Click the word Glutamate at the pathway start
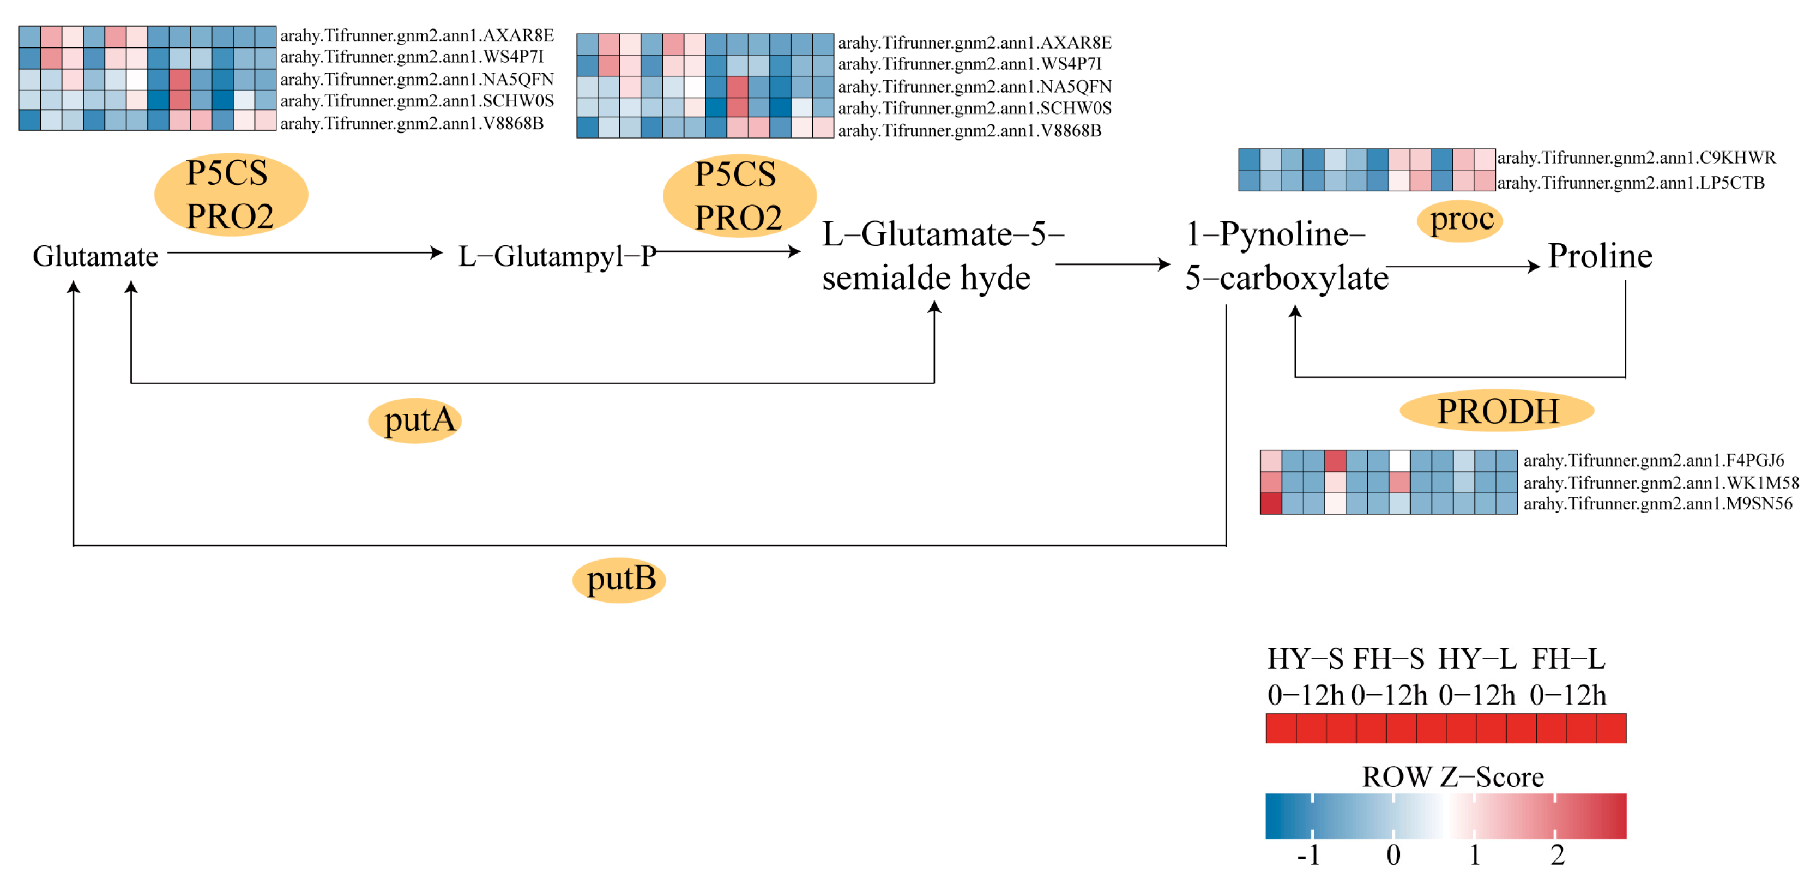click(x=95, y=256)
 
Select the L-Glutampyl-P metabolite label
click(x=557, y=256)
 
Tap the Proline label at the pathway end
click(x=1600, y=255)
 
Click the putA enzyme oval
click(x=415, y=420)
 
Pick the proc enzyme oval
click(x=1460, y=219)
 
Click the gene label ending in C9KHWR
click(x=1636, y=157)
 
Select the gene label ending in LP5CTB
click(x=1630, y=183)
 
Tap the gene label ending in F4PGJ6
click(x=1653, y=460)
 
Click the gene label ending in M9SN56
click(x=1657, y=503)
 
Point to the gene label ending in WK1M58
click(x=1660, y=483)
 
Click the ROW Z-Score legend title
click(x=1452, y=776)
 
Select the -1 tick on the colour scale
click(x=1308, y=854)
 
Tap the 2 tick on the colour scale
click(x=1556, y=854)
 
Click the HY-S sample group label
click(x=1305, y=659)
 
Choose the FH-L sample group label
click(x=1568, y=659)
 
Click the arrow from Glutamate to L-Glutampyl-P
click(x=303, y=252)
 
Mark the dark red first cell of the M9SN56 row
click(x=1270, y=503)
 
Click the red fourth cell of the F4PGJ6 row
click(x=1335, y=460)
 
